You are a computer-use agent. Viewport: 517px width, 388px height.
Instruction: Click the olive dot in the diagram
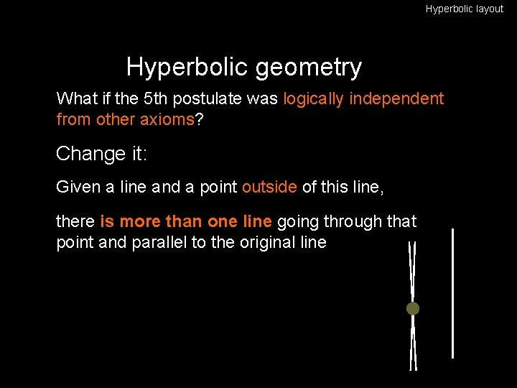tap(413, 309)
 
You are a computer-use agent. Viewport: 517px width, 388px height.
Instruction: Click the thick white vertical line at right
tap(452, 293)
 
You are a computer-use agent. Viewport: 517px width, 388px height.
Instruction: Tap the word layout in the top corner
tap(488, 9)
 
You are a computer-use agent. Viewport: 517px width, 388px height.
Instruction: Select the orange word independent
tap(399, 98)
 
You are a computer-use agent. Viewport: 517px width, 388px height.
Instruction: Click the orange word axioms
tap(169, 119)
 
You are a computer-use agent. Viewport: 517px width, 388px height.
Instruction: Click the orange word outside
tap(269, 188)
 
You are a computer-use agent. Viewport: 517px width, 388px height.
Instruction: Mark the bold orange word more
tap(141, 222)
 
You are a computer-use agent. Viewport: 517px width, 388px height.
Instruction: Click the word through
tap(351, 222)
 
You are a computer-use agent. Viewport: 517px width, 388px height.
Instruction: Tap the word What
tap(74, 98)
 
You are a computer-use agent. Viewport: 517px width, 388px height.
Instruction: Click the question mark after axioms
tap(199, 119)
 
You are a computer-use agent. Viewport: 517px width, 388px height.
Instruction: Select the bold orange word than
tap(185, 222)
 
